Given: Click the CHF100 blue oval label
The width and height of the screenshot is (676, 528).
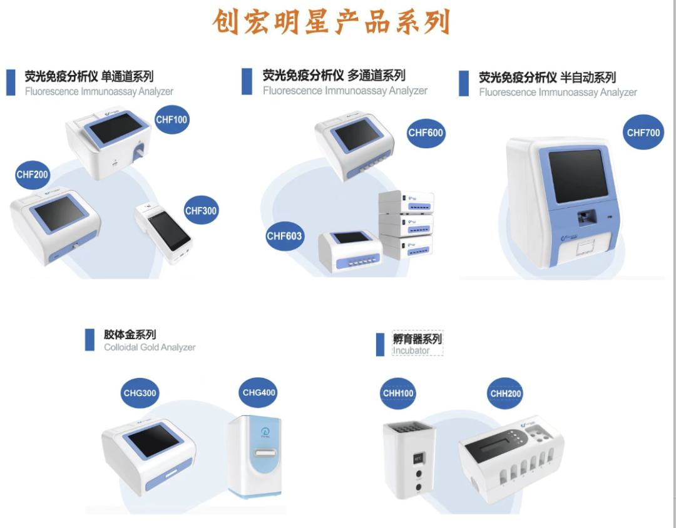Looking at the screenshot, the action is point(172,119).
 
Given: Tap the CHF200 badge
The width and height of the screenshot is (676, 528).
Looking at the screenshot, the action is point(33,175).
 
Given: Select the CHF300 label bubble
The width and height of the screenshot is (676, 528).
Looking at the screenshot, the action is point(200,210).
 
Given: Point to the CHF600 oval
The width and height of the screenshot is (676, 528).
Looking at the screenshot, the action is point(426,133).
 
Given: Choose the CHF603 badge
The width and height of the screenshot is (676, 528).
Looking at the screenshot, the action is point(284,235).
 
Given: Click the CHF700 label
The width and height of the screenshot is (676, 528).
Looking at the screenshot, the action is point(643,132).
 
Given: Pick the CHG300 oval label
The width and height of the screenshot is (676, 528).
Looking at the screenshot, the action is point(139,393).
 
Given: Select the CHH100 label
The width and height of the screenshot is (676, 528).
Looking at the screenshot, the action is point(398,393).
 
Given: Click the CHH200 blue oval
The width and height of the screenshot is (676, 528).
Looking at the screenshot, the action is point(505,393).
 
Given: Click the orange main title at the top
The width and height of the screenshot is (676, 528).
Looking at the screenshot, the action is point(331,23).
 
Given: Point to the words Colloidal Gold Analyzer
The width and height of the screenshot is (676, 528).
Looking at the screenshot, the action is point(150,347).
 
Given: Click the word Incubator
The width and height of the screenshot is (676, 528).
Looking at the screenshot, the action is point(411,350).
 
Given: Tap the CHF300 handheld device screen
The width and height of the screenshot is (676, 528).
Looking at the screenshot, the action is point(168,231).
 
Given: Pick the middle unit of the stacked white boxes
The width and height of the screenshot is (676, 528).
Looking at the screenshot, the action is point(406,223).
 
